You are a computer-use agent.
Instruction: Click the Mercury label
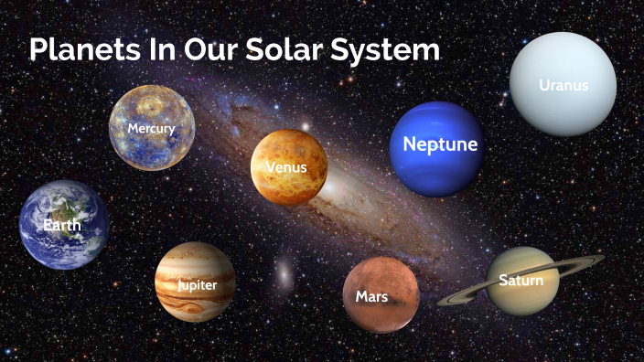pos(151,129)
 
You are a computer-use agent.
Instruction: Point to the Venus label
pos(286,167)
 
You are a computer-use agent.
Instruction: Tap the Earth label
pos(62,224)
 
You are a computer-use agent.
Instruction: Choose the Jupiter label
pos(197,285)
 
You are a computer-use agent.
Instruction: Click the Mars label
pos(371,296)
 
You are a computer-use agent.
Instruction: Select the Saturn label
pos(521,281)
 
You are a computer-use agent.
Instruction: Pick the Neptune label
pos(440,144)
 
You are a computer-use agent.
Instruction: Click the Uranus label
pos(563,86)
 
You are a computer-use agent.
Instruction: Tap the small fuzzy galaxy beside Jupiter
pos(284,271)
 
